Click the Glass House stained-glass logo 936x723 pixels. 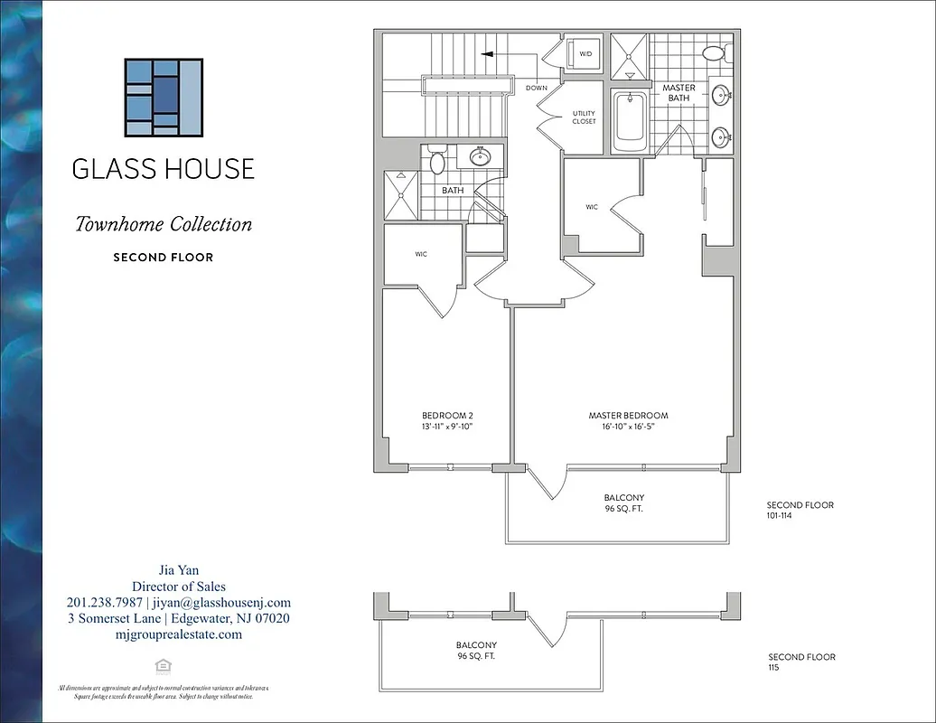[x=164, y=98]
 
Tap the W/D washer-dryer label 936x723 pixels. [x=585, y=54]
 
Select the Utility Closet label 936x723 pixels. [x=584, y=117]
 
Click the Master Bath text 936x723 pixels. [x=679, y=93]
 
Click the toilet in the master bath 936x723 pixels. [x=715, y=54]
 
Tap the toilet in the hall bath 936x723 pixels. [x=436, y=164]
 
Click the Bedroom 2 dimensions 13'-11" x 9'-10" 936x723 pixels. [x=447, y=426]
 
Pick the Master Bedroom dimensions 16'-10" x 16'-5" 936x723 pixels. [x=628, y=426]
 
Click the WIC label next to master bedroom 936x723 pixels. [x=592, y=207]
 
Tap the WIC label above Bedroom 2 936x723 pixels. [x=421, y=254]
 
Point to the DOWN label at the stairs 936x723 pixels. [x=536, y=89]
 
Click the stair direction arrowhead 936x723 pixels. [x=485, y=54]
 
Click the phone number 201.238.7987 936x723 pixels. [x=105, y=602]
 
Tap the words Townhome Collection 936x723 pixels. [x=164, y=224]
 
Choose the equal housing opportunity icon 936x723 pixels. [x=164, y=665]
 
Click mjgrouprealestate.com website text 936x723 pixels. [x=178, y=634]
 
